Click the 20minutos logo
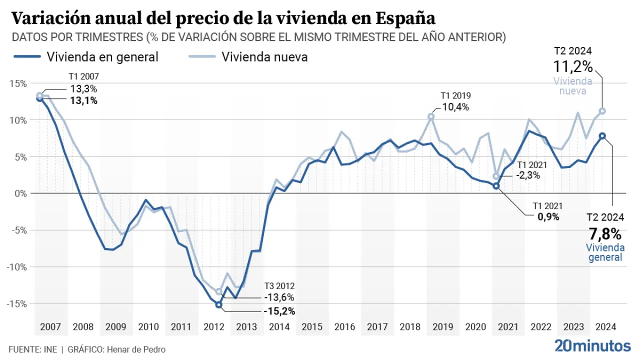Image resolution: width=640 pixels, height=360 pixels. [x=593, y=345]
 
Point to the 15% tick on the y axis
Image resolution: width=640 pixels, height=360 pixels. [x=19, y=83]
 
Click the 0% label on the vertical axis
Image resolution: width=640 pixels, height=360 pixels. [x=21, y=193]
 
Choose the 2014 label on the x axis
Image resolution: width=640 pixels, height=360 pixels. [x=279, y=327]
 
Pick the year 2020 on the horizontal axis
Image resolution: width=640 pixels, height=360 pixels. [x=475, y=327]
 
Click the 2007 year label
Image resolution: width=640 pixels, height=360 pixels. [x=50, y=327]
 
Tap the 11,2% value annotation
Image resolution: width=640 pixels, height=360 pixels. [x=572, y=66]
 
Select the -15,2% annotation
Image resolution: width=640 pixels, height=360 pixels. [x=278, y=311]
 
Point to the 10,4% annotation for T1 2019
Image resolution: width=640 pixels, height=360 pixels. [x=455, y=106]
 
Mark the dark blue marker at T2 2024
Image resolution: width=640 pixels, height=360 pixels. [x=602, y=135]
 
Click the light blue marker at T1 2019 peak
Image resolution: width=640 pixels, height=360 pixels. [x=431, y=116]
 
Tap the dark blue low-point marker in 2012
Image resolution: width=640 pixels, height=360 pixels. [x=218, y=304]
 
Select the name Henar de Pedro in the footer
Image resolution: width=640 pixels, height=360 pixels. [x=135, y=349]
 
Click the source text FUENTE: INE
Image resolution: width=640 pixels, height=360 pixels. [x=32, y=349]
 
